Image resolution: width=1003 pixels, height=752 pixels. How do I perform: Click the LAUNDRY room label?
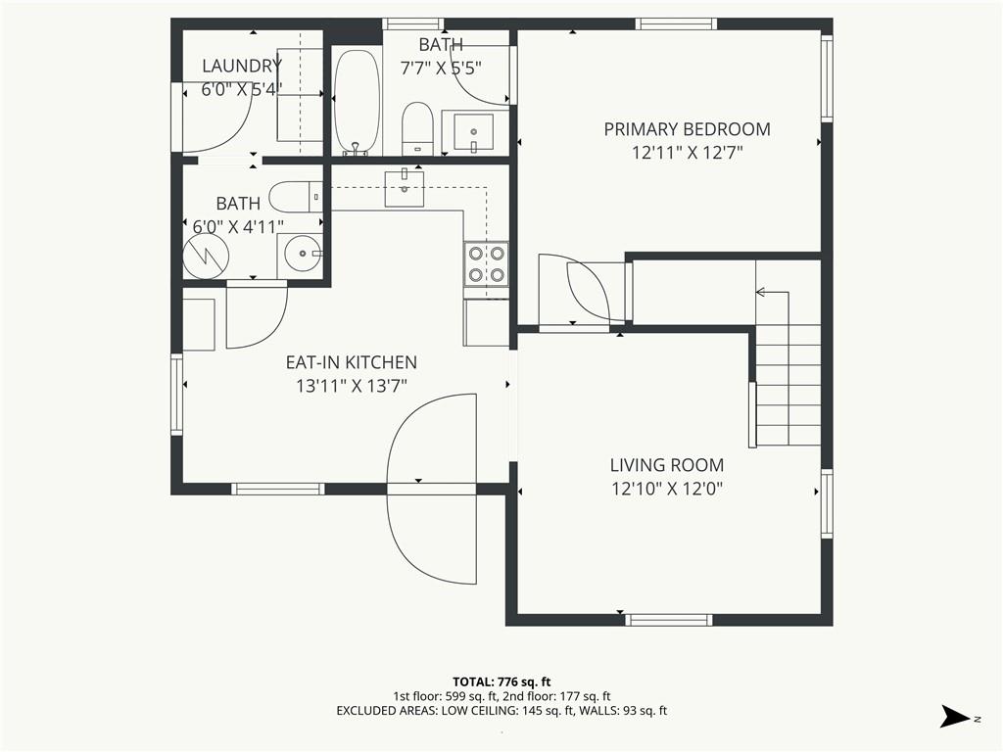[x=242, y=66]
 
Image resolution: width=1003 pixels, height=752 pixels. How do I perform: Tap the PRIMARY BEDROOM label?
[x=687, y=129]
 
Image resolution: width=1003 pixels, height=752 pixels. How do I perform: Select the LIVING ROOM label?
[x=666, y=465]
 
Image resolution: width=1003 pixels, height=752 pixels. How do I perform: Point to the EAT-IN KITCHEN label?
[x=352, y=362]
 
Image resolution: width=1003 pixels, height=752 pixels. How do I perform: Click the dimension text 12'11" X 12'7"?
[x=687, y=153]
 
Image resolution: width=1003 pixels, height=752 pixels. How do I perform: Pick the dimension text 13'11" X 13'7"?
[x=352, y=386]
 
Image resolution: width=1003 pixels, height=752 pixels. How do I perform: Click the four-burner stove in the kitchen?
[x=486, y=264]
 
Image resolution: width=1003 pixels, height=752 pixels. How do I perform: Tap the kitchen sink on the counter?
[x=405, y=189]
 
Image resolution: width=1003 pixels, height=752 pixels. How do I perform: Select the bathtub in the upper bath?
[x=357, y=102]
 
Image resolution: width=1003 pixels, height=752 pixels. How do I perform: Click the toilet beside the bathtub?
[x=418, y=128]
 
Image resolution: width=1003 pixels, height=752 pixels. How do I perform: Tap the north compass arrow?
[x=956, y=716]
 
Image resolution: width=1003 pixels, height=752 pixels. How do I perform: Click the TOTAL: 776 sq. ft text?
[x=501, y=681]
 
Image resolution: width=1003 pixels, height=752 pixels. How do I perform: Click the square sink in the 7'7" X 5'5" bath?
[x=473, y=132]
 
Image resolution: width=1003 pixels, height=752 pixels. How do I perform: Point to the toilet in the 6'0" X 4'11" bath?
[x=296, y=197]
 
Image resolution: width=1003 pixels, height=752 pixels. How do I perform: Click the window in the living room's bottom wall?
[x=668, y=620]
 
